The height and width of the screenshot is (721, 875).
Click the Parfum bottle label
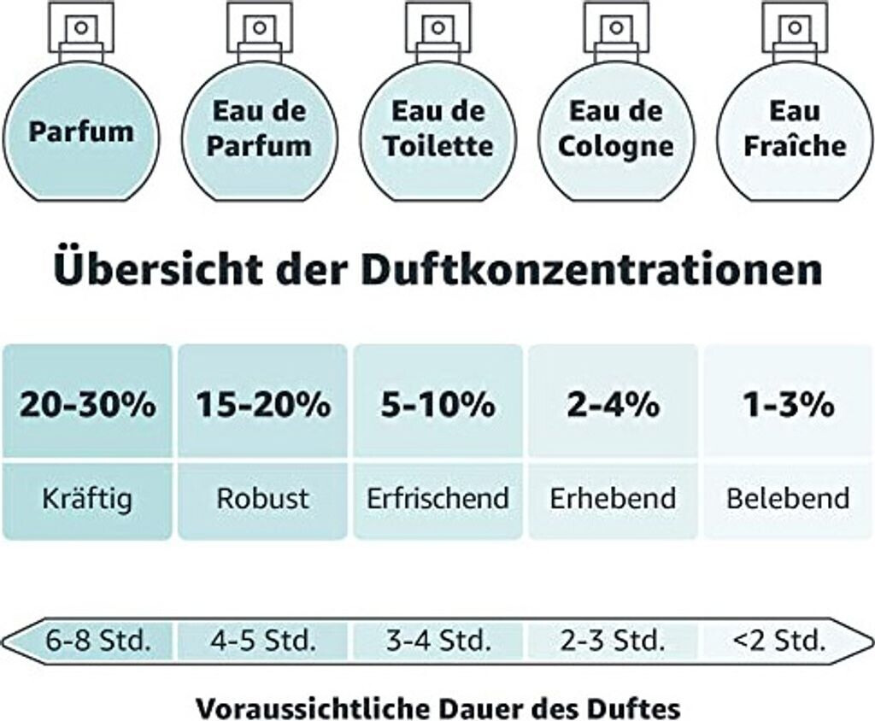pyautogui.click(x=81, y=132)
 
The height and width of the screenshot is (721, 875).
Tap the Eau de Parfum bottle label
pyautogui.click(x=259, y=128)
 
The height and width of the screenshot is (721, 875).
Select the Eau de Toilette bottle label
pyautogui.click(x=437, y=128)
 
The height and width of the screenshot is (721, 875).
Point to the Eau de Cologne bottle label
pyautogui.click(x=615, y=128)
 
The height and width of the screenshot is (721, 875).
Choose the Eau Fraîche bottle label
pyautogui.click(x=794, y=128)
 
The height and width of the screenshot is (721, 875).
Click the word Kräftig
pyautogui.click(x=87, y=498)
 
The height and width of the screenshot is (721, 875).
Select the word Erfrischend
pyautogui.click(x=437, y=498)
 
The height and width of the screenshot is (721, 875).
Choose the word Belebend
pyautogui.click(x=788, y=498)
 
